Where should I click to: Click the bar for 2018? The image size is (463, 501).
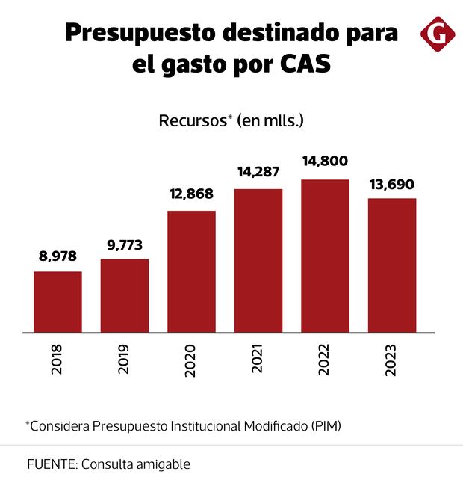coord(58,301)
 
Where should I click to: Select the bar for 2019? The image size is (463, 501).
coord(125,295)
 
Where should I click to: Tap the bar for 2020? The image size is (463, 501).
coord(191,271)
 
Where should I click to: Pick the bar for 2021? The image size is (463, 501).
coord(258,260)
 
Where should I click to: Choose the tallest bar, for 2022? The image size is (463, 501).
coord(325,256)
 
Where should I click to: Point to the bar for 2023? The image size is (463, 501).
coord(392,265)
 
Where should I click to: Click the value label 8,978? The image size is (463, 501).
coord(58,256)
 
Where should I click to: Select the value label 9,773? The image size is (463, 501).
coord(125,245)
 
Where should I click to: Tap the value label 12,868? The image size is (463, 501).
coord(191,194)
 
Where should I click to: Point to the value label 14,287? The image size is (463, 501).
coord(258,172)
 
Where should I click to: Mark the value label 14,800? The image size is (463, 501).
coord(325,162)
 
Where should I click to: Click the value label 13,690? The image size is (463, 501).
coord(392,184)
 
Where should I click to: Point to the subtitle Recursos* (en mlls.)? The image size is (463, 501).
coord(232,121)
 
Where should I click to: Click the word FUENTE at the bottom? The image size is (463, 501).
coord(50,464)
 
